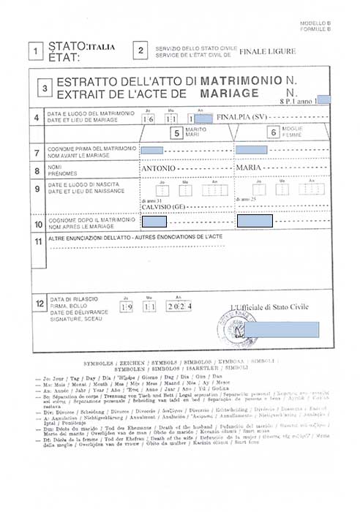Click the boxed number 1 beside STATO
(x=34, y=51)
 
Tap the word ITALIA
(x=101, y=47)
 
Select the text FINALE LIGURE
(x=269, y=51)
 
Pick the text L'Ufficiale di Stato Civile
(x=269, y=307)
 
